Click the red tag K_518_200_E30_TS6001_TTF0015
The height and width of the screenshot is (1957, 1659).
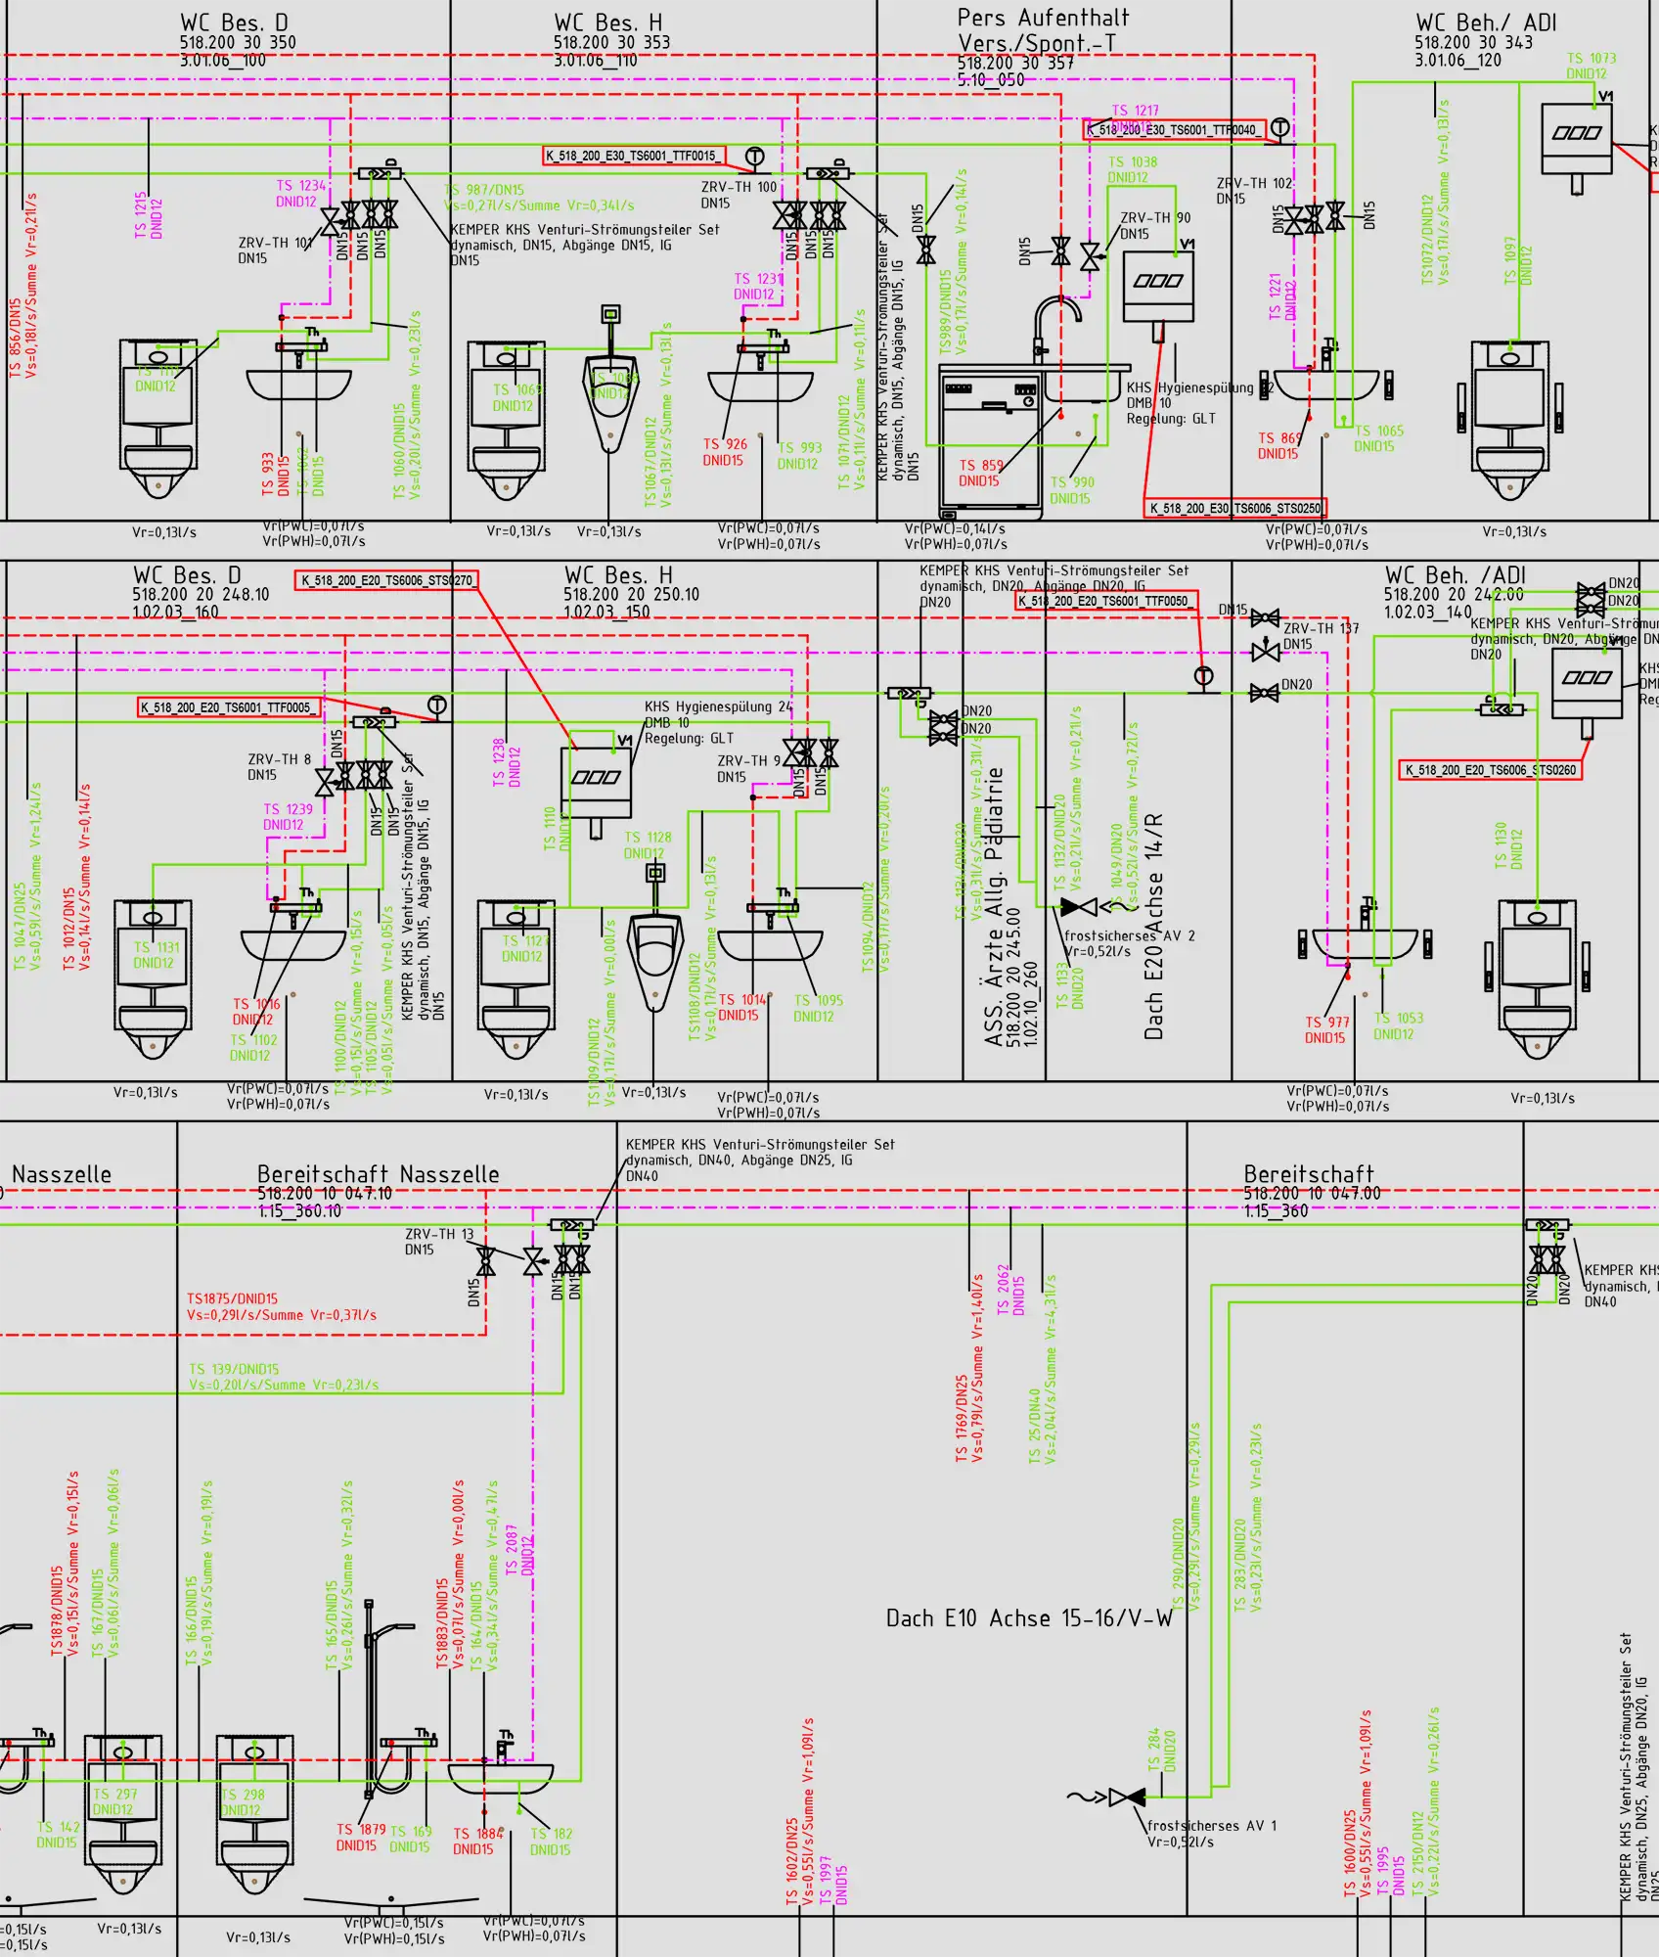[634, 156]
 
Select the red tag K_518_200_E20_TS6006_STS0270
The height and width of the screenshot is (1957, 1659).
[386, 580]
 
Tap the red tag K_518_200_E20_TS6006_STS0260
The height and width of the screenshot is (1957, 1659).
[1490, 770]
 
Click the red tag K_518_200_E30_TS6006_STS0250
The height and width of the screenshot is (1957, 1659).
[1234, 508]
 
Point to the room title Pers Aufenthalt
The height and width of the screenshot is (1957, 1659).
[1043, 19]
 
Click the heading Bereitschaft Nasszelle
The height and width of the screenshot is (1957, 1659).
[378, 1174]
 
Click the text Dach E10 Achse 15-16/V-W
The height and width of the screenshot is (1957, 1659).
[1029, 1618]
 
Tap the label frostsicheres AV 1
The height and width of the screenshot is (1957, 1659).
[1211, 1826]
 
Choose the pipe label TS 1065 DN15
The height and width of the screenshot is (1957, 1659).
[1378, 438]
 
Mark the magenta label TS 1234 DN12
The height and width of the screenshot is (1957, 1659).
[299, 194]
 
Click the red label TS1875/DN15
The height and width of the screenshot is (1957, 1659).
[233, 1298]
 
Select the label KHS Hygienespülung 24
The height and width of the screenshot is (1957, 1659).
[718, 706]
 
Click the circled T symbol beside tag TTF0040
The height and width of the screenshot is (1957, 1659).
[1279, 129]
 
